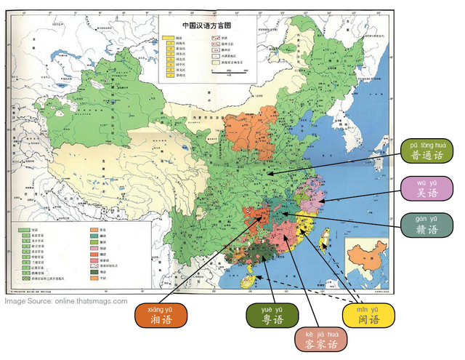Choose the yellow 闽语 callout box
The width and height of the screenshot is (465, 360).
coord(368,314)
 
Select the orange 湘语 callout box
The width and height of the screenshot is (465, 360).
coord(161,314)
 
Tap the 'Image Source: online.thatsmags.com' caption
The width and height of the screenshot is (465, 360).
coord(66,301)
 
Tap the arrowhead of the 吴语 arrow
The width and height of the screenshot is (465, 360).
coord(319,199)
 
